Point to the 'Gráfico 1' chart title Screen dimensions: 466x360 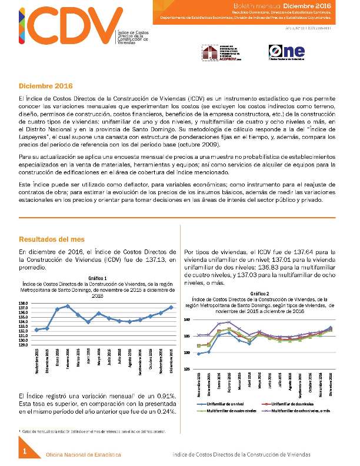pyautogui.click(x=97, y=277)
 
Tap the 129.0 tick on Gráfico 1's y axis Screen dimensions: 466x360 pyautogui.click(x=25, y=345)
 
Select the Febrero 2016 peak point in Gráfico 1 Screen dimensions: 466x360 pyautogui.click(x=68, y=306)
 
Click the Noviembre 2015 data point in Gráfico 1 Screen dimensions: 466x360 pyautogui.click(x=36, y=329)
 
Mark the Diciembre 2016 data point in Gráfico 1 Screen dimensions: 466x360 pyautogui.click(x=171, y=307)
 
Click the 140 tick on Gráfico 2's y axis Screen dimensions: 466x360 pyautogui.click(x=188, y=319)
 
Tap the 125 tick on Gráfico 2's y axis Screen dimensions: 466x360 pyautogui.click(x=188, y=368)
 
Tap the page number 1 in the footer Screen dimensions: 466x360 pyautogui.click(x=25, y=451)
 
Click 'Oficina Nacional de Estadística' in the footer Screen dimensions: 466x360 pyautogui.click(x=84, y=455)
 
